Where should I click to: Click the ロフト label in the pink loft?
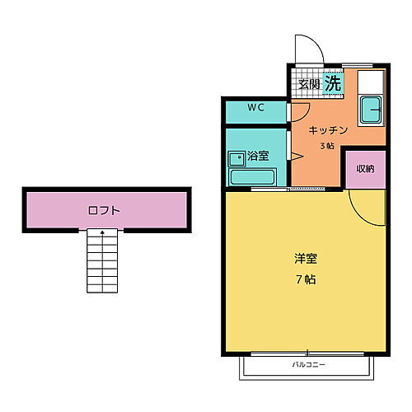click(x=104, y=210)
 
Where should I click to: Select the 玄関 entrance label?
click(x=308, y=84)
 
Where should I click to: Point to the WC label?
click(x=255, y=108)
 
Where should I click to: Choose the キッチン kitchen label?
click(x=329, y=131)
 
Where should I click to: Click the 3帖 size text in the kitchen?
click(x=327, y=146)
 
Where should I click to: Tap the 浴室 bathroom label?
click(x=258, y=155)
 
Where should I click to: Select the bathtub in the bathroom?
click(x=251, y=176)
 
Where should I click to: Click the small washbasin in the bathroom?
click(x=236, y=155)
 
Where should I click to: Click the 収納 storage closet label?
click(x=365, y=168)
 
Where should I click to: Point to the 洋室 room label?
click(x=306, y=258)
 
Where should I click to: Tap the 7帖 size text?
click(x=306, y=279)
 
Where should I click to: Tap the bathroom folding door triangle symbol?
click(x=296, y=156)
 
